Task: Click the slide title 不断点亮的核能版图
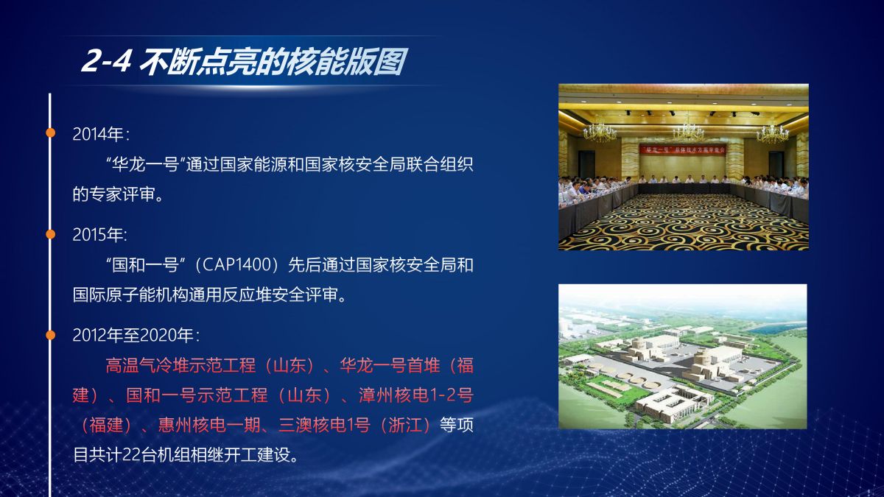[x=273, y=62]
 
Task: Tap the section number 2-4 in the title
[x=106, y=62]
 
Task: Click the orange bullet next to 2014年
[x=51, y=133]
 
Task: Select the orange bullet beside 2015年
[x=51, y=234]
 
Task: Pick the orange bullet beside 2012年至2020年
[x=51, y=335]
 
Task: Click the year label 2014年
[x=98, y=134]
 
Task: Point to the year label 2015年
[x=98, y=235]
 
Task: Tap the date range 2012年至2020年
[x=133, y=335]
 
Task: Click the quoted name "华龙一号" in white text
[x=146, y=164]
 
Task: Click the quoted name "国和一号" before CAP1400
[x=146, y=264]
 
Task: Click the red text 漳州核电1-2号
[x=416, y=395]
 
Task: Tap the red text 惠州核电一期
[x=209, y=426]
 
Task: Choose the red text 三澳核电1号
[x=324, y=426]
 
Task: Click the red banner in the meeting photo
[x=683, y=150]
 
